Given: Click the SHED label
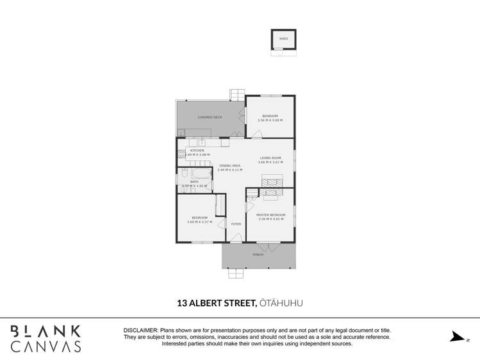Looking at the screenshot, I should pyautogui.click(x=283, y=39).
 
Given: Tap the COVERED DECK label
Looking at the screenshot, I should pyautogui.click(x=210, y=117).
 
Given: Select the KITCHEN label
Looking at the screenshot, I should pyautogui.click(x=197, y=151).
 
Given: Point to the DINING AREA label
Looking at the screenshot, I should pyautogui.click(x=229, y=166).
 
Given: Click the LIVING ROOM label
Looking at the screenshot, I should pyautogui.click(x=270, y=158).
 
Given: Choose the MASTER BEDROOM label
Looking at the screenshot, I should pyautogui.click(x=270, y=215).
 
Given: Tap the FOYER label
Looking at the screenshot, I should pyautogui.click(x=236, y=224).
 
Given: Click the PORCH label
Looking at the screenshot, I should pyautogui.click(x=258, y=255).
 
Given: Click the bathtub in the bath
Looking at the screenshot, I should pyautogui.click(x=202, y=174).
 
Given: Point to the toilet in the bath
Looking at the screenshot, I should pyautogui.click(x=183, y=174).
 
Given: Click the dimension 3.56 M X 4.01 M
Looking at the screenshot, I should pyautogui.click(x=270, y=219).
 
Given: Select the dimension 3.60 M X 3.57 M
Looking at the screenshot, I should pyautogui.click(x=199, y=222).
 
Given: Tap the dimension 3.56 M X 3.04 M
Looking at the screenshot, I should pyautogui.click(x=270, y=120).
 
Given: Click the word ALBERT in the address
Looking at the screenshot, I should pyautogui.click(x=213, y=302).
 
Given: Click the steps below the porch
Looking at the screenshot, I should pyautogui.click(x=236, y=274).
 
